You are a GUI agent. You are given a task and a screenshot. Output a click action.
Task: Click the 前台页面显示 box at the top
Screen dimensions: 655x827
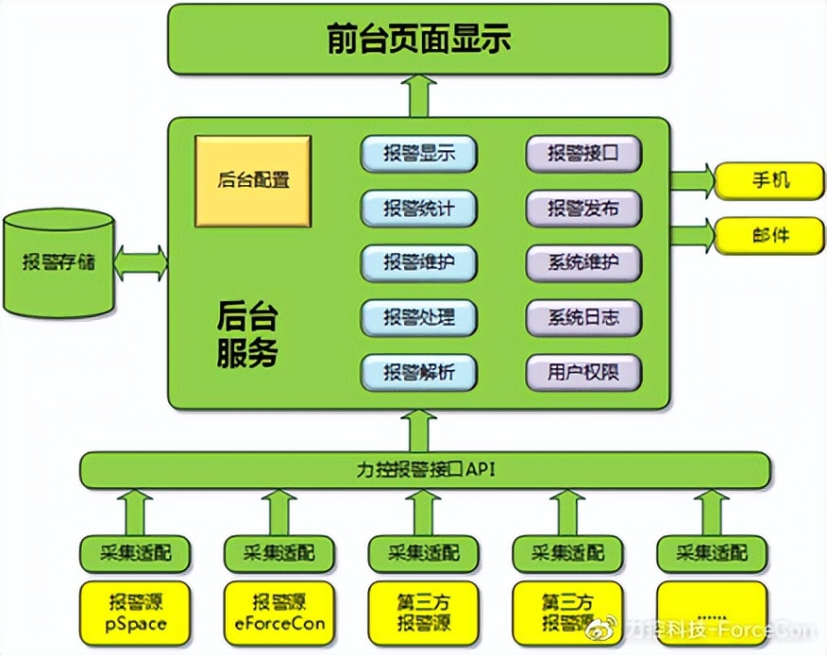[x=418, y=40]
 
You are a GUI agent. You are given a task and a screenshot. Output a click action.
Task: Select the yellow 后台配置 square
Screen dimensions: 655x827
[x=253, y=180]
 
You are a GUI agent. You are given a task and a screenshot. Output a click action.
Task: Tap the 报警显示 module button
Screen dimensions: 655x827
[x=418, y=154]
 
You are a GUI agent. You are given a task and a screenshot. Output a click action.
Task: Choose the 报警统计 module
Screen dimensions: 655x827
[x=418, y=209]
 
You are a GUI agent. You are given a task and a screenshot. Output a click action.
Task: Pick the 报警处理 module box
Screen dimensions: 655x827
[x=418, y=318]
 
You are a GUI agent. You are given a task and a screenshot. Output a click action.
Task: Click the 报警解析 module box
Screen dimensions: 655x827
[x=418, y=373]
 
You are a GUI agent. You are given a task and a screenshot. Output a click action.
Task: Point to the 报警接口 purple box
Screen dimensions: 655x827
[x=583, y=154]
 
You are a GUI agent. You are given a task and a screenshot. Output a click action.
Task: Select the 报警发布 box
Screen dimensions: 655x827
[x=583, y=209]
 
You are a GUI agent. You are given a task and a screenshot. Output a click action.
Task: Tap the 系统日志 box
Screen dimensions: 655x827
[x=583, y=318]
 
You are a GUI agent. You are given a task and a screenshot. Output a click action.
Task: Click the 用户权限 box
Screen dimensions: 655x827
[x=583, y=373]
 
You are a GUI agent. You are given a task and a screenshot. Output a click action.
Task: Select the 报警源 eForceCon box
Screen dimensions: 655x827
[x=279, y=612]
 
